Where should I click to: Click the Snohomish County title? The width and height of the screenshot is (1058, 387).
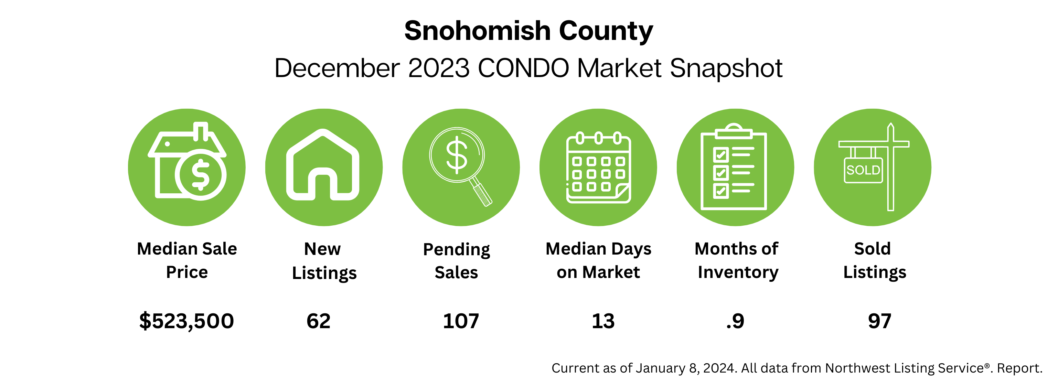coord(528,31)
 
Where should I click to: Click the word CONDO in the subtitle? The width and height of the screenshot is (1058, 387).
coord(523,68)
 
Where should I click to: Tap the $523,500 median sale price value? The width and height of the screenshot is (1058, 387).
coord(186,321)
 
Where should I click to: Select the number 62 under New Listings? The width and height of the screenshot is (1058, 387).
coord(318,321)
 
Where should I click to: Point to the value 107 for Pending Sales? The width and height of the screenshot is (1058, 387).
coord(461,321)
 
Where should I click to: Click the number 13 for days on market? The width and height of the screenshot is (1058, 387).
coord(603,321)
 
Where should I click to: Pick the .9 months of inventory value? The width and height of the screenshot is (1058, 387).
coord(735,321)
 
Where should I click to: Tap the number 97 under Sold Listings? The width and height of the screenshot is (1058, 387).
coord(879,321)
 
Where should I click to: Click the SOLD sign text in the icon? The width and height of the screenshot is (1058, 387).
coord(863,170)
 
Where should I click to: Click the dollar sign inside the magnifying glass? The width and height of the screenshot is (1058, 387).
coord(456,155)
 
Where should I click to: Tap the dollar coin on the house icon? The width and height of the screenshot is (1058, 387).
coord(201,175)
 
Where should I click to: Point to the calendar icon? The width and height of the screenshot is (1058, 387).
coord(598,168)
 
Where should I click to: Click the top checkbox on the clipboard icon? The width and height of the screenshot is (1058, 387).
coord(721,155)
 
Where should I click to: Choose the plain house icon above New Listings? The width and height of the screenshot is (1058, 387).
coord(323,165)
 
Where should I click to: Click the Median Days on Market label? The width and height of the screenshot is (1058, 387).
coord(598,260)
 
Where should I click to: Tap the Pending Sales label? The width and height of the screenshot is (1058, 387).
coord(457,261)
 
